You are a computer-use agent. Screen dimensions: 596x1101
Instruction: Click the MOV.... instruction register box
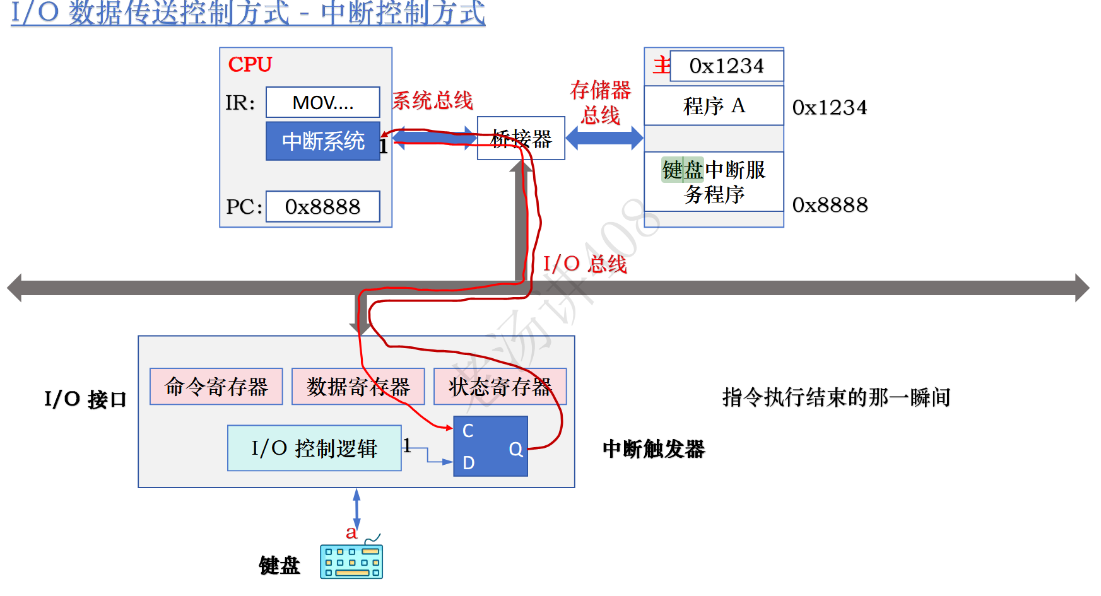tap(322, 102)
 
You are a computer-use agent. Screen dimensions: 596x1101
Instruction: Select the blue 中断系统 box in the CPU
tap(322, 141)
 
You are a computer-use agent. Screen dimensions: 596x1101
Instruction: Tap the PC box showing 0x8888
tap(322, 206)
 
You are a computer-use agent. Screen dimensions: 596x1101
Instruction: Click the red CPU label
tap(250, 64)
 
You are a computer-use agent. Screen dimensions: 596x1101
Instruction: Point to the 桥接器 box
tap(521, 138)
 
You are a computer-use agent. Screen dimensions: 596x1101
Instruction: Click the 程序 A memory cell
tap(714, 105)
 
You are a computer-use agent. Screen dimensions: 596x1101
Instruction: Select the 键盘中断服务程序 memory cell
tap(714, 182)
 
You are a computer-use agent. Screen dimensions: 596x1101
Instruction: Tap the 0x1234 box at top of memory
tap(726, 66)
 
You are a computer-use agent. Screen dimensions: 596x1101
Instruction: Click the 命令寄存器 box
tap(216, 387)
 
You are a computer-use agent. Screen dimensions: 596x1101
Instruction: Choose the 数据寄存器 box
tap(358, 387)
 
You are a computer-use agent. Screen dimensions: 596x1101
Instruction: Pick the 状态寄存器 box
tap(500, 387)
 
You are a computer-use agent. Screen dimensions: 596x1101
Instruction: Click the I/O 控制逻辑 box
tap(314, 448)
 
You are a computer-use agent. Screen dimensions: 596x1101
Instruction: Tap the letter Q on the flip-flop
tap(515, 449)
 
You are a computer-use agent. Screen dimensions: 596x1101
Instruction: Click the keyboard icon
tap(351, 561)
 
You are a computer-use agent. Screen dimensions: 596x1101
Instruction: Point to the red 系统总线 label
tap(432, 100)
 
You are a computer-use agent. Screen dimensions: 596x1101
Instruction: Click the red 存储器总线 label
tap(600, 102)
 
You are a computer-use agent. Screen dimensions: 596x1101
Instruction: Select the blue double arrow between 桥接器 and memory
tap(604, 138)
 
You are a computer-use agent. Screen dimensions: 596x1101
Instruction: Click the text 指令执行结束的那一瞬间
tap(836, 397)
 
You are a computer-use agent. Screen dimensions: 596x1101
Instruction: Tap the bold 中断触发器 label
tap(654, 449)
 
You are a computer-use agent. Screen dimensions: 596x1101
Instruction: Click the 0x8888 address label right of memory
tap(830, 205)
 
